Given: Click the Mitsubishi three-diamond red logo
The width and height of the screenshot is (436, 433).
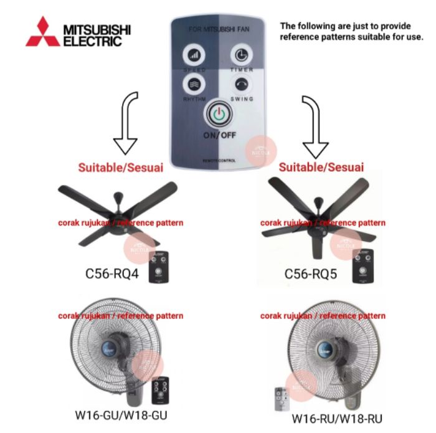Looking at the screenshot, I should coord(42,32).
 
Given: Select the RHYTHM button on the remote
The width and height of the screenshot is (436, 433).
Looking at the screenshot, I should coord(193,83).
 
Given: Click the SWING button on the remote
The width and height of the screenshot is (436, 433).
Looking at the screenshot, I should coord(241,83).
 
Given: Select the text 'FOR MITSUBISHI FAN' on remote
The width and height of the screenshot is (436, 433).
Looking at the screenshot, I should coord(218,29).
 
